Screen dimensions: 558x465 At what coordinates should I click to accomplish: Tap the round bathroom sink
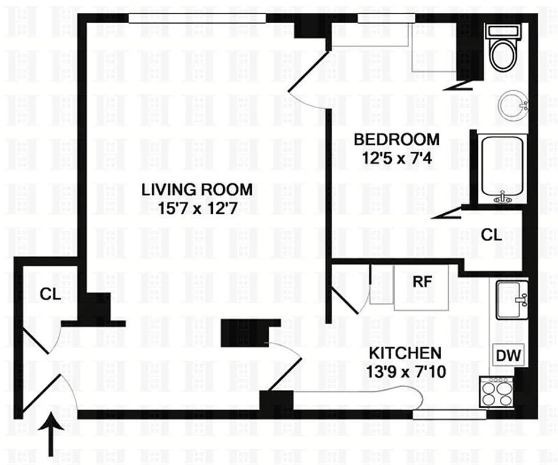[x=513, y=105]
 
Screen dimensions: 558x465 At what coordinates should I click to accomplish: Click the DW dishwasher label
[x=508, y=355]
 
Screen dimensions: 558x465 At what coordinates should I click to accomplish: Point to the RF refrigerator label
[x=422, y=281]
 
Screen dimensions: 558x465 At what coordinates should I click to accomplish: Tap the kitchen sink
[x=512, y=299]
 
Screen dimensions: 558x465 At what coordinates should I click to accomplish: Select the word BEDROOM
[x=396, y=139]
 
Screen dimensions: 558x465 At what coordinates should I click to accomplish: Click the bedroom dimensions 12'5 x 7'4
[x=397, y=158]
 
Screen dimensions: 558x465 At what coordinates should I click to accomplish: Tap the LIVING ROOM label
[x=197, y=189]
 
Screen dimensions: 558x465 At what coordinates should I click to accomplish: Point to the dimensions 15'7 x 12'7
[x=197, y=209]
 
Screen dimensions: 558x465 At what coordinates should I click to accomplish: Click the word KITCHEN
[x=405, y=353]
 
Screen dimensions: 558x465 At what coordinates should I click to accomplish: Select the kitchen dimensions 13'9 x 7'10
[x=406, y=372]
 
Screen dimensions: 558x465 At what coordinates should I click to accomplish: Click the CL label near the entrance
[x=50, y=294]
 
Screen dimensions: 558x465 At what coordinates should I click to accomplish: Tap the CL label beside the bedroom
[x=492, y=235]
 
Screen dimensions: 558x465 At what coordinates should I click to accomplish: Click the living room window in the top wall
[x=197, y=18]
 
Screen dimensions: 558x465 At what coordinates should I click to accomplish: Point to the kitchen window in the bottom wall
[x=449, y=414]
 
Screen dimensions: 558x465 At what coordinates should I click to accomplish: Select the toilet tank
[x=504, y=31]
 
